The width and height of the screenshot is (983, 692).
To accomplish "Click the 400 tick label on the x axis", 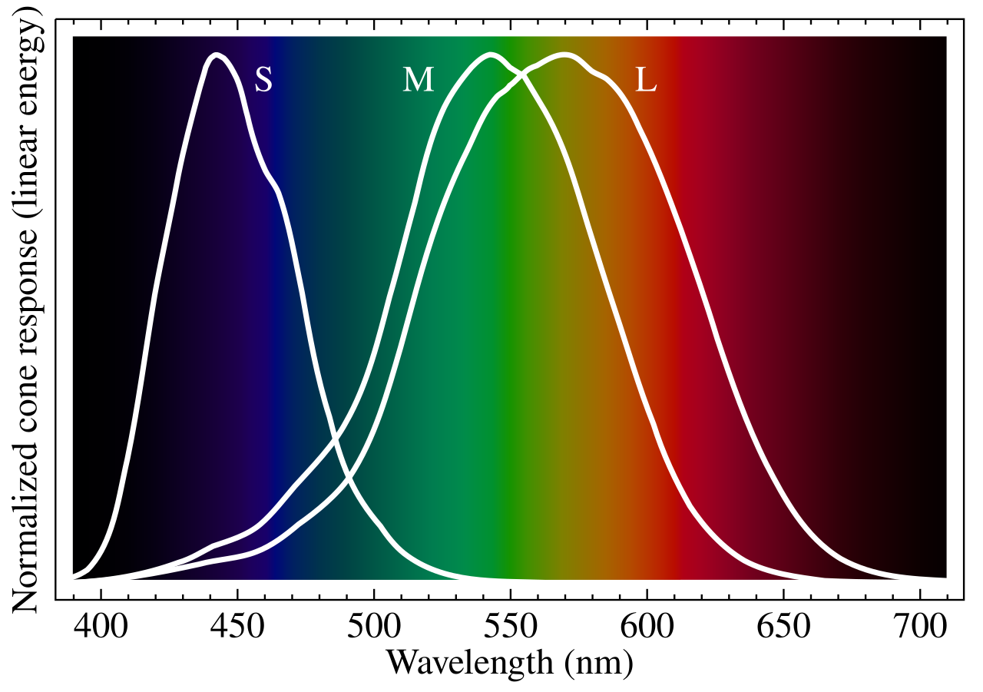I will pos(101,627).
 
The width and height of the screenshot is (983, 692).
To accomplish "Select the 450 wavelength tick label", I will pos(237,627).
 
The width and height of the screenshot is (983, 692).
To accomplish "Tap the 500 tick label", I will pos(373,627).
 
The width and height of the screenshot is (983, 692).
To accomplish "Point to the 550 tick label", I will pos(509,627).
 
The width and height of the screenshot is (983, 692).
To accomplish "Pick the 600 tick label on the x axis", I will pos(646,627).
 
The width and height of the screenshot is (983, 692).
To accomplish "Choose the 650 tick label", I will pos(782,627).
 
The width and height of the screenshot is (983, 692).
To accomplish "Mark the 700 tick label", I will pos(918,627).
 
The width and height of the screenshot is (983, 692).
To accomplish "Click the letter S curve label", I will pos(263,79).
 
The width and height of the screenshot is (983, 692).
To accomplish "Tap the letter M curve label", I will pos(419,80).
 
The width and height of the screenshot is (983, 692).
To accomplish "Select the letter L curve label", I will pos(646,80).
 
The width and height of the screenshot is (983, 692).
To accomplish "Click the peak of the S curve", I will pos(217,55).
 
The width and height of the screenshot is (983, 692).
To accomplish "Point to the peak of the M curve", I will pos(489,55).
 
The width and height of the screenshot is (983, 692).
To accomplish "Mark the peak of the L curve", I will pos(565,55).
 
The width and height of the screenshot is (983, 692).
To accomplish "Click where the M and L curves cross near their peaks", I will pos(522,74).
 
